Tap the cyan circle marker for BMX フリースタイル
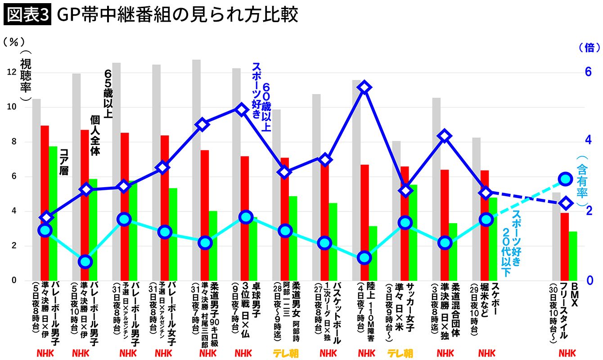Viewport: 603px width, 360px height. (x=566, y=179)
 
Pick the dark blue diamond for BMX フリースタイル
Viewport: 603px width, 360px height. (x=566, y=203)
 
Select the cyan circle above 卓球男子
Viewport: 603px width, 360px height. (x=245, y=217)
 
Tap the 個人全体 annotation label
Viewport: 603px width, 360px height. (x=94, y=135)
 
